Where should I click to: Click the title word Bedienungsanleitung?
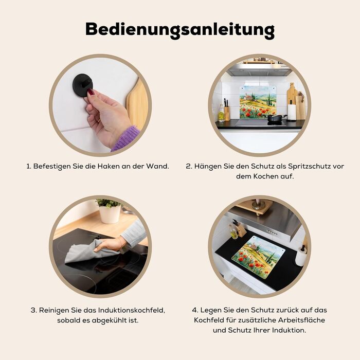pos(180,30)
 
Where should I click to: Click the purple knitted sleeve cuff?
pos(126,138)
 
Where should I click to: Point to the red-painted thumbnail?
pos(91,93)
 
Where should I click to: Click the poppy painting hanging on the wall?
pos(258,102)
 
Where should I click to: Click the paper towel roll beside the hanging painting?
pos(292,112)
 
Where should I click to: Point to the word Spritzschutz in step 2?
pos(310,166)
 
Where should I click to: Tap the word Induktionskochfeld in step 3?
pos(132,310)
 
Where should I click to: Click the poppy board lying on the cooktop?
pos(258,257)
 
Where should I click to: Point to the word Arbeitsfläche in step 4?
pos(302,320)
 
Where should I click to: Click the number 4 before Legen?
pos(195,310)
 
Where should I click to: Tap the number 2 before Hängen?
pos(189,166)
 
